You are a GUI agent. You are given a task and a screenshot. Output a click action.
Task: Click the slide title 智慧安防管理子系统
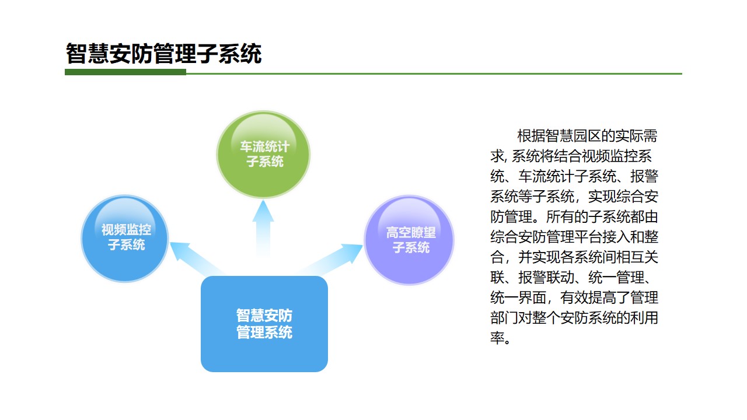pyautogui.click(x=163, y=54)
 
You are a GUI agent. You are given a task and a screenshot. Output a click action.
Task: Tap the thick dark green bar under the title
pyautogui.click(x=125, y=72)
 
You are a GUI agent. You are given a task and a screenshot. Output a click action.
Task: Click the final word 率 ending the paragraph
pyautogui.click(x=497, y=338)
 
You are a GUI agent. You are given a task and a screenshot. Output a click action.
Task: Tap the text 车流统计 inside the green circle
pyautogui.click(x=264, y=146)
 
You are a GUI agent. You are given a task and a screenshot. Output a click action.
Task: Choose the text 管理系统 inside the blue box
pyautogui.click(x=264, y=333)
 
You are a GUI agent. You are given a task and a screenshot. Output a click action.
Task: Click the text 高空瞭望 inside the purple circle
pyautogui.click(x=410, y=233)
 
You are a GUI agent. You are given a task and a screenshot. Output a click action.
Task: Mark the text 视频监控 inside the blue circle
pyautogui.click(x=125, y=230)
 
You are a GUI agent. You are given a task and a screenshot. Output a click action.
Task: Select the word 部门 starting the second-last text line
pyautogui.click(x=504, y=318)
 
